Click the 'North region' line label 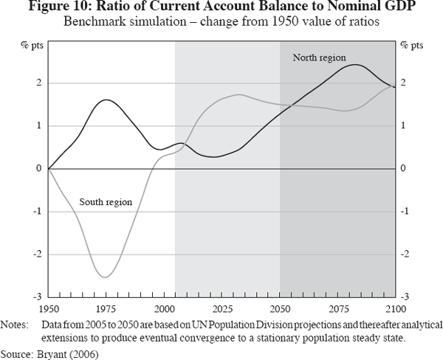[319, 58]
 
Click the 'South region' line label [106, 201]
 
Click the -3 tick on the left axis [35, 297]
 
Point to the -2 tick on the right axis [405, 254]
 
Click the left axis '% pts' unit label [32, 46]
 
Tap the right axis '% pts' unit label [411, 46]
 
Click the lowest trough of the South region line [105, 277]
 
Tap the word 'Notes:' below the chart [16, 325]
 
